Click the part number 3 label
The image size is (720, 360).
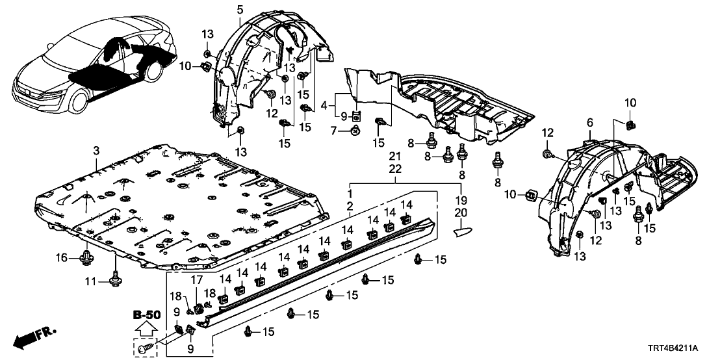(96, 151)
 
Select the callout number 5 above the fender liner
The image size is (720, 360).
(240, 9)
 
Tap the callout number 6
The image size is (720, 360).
(589, 122)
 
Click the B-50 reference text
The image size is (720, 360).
(146, 315)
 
